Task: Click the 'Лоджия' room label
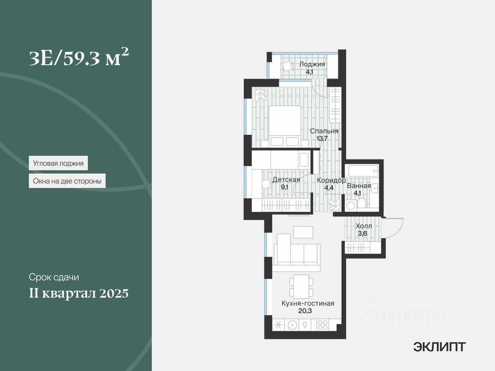coord(312,64)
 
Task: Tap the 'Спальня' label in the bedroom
coord(324,131)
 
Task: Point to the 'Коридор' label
coord(331,180)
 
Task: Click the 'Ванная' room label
coord(359,185)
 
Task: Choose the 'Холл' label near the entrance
coord(363,226)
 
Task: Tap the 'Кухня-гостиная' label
coord(308,303)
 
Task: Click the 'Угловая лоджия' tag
coord(59,163)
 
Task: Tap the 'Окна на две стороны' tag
coord(67,181)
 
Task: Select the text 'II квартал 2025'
coord(78,294)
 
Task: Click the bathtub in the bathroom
coord(363,171)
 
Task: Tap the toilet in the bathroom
coord(361,204)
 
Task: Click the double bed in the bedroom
coord(285,124)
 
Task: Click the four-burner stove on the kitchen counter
coord(322,324)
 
